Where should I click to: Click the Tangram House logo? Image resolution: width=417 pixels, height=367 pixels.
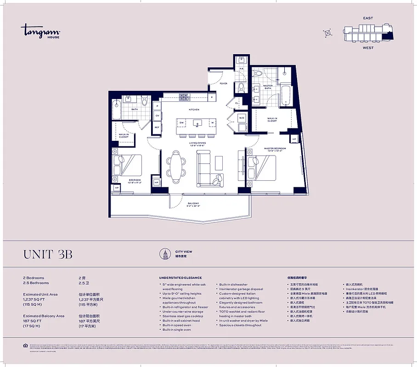click(40, 32)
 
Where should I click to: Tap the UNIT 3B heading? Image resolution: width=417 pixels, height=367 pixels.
click(47, 255)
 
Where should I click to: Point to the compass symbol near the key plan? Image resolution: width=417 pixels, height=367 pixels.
click(327, 33)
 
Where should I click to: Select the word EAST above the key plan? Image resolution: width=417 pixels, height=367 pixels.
click(368, 18)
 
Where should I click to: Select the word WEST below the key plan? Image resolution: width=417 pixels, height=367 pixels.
click(368, 48)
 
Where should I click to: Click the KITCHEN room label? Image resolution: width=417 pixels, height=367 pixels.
click(194, 110)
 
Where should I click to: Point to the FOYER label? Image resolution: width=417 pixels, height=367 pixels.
click(223, 83)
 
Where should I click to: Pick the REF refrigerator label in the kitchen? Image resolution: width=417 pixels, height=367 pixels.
click(157, 127)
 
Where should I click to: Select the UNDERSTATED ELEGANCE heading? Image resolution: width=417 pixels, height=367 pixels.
click(180, 278)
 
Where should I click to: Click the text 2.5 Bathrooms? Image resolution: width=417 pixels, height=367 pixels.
click(36, 283)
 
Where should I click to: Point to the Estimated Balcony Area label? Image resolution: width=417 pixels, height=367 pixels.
click(44, 316)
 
